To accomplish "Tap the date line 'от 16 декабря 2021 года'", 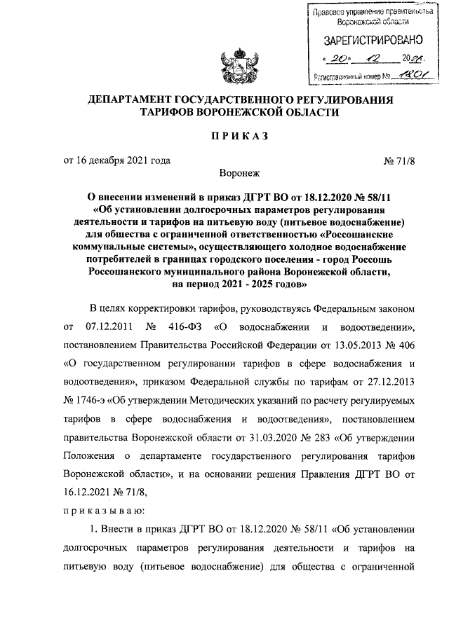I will [117, 160].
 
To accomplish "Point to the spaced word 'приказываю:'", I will [104, 510].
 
